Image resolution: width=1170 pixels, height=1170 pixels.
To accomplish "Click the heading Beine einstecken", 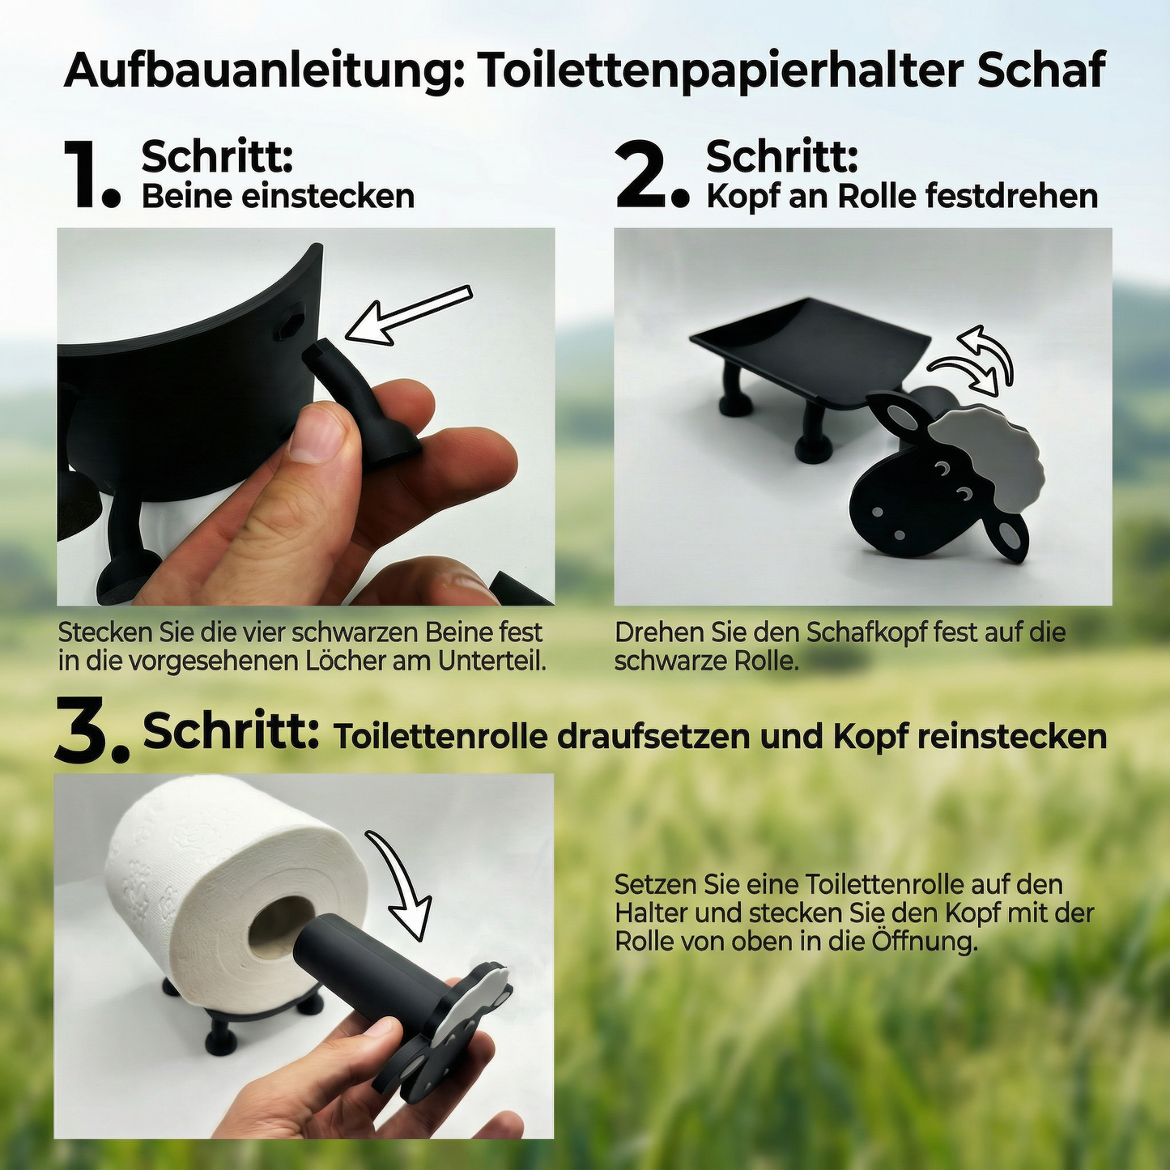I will pos(278,197).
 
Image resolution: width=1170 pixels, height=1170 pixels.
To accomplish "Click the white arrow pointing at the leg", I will pos(409,315).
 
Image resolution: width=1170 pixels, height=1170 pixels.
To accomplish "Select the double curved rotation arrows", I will pos(976,364).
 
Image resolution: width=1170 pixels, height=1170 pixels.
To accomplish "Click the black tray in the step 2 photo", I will pos(810,347).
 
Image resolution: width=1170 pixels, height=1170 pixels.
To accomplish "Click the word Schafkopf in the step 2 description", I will pos(867,632).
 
